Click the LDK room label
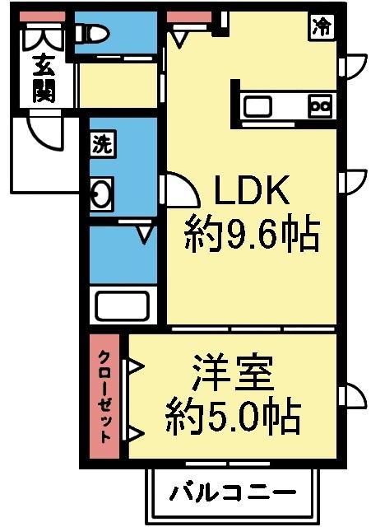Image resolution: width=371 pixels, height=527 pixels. [251, 192]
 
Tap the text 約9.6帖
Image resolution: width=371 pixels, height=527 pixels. [251, 236]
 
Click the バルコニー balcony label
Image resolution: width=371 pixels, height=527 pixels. [233, 494]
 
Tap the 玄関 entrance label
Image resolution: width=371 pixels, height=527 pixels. [43, 77]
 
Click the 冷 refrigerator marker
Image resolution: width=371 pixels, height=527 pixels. [322, 26]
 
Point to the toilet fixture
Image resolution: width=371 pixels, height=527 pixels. [92, 34]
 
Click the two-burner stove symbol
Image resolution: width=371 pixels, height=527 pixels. [319, 105]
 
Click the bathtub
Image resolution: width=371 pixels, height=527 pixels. [124, 305]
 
